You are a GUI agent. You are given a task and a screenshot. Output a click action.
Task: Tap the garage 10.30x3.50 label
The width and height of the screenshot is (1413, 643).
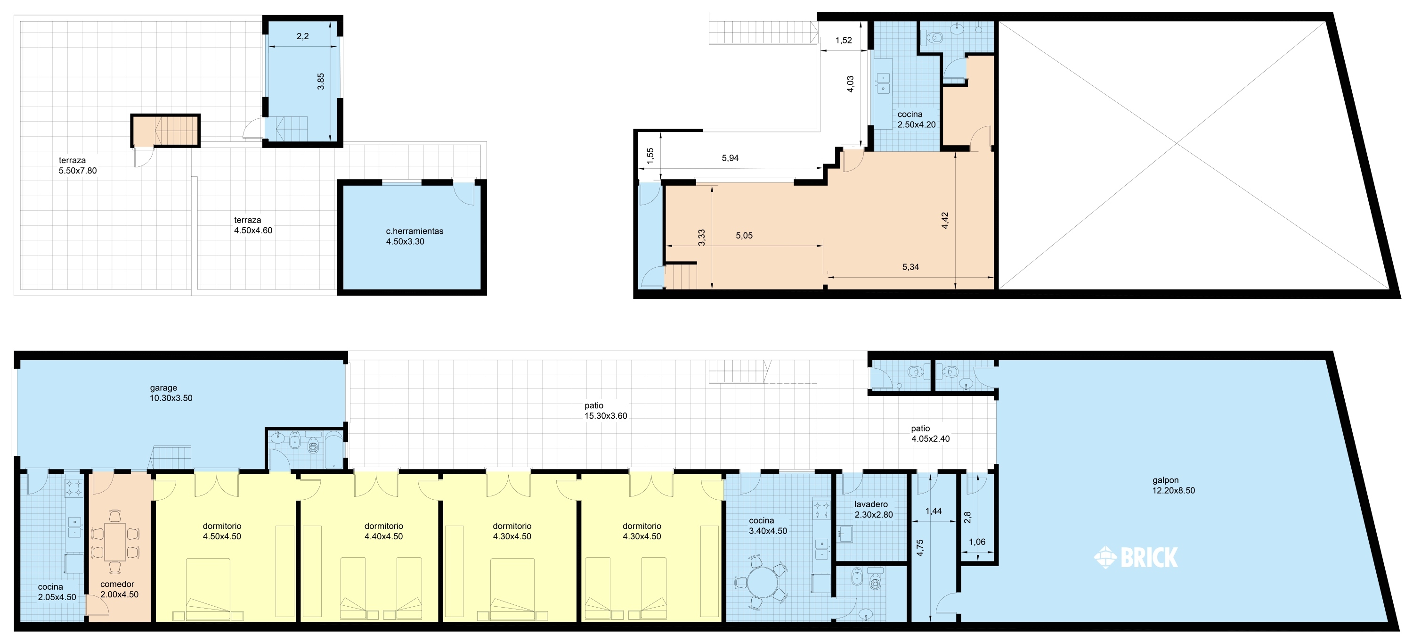click(x=171, y=393)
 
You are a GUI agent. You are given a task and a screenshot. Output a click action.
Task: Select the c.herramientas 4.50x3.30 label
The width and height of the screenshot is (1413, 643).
click(x=414, y=236)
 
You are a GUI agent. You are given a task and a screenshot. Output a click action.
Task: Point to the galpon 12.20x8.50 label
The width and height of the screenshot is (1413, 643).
click(x=1173, y=486)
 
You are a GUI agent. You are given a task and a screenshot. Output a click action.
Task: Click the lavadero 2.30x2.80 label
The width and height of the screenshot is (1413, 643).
click(x=873, y=510)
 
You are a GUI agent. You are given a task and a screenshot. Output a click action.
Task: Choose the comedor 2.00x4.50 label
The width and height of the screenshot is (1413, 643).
click(x=119, y=589)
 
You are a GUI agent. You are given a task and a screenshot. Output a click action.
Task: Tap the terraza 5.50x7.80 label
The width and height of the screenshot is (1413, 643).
click(x=77, y=165)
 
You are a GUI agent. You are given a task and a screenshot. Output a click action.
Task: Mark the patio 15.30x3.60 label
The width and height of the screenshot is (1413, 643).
click(x=606, y=411)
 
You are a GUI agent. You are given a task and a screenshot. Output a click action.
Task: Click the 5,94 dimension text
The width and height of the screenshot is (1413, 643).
click(x=730, y=158)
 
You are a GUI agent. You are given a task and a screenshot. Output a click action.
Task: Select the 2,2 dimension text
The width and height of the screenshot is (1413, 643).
click(x=303, y=36)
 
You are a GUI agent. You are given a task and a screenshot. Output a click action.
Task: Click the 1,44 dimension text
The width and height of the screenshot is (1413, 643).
click(x=934, y=511)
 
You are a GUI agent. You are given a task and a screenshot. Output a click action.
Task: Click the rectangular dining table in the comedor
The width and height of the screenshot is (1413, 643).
click(x=115, y=542)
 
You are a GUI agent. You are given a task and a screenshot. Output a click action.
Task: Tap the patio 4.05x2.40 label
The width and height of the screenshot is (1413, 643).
click(x=930, y=434)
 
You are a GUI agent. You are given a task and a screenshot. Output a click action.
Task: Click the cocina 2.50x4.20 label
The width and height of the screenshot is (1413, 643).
click(x=916, y=120)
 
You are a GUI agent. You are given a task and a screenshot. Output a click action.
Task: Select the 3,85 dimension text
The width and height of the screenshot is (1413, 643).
click(x=321, y=81)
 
